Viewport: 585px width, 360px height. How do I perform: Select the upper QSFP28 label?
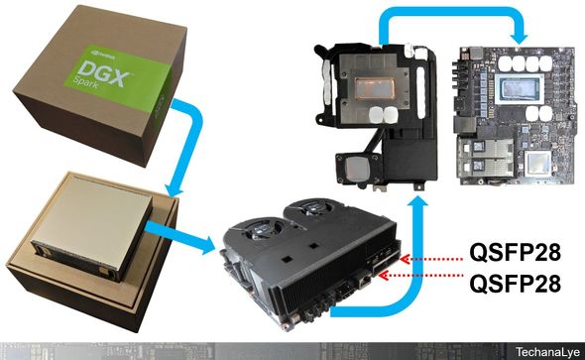[523, 248]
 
